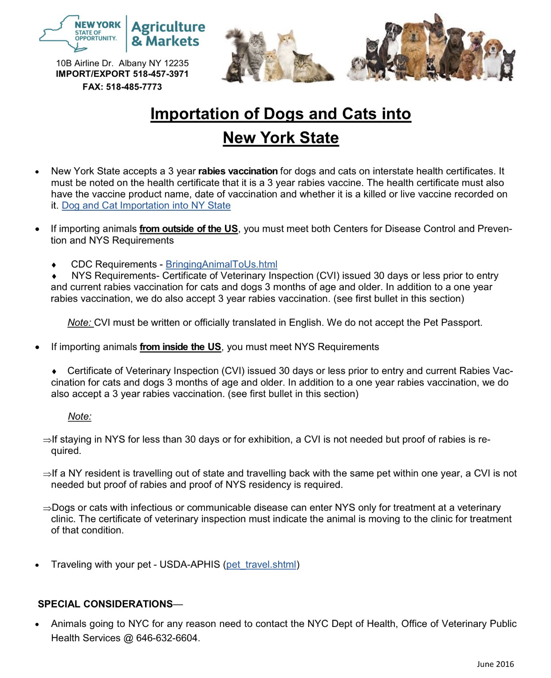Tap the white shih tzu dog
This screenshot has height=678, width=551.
click(x=357, y=69)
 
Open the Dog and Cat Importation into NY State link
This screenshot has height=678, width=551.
click(x=146, y=205)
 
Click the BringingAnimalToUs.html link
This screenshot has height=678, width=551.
click(x=221, y=264)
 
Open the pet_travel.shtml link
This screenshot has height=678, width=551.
click(x=261, y=564)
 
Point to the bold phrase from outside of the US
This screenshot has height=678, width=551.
click(x=189, y=229)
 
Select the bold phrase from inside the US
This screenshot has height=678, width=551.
click(x=180, y=347)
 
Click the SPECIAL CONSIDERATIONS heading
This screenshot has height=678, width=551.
click(x=105, y=604)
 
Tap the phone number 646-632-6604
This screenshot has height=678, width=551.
click(x=167, y=638)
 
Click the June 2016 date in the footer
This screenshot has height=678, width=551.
click(x=495, y=664)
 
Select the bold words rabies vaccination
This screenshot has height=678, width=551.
click(x=238, y=171)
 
